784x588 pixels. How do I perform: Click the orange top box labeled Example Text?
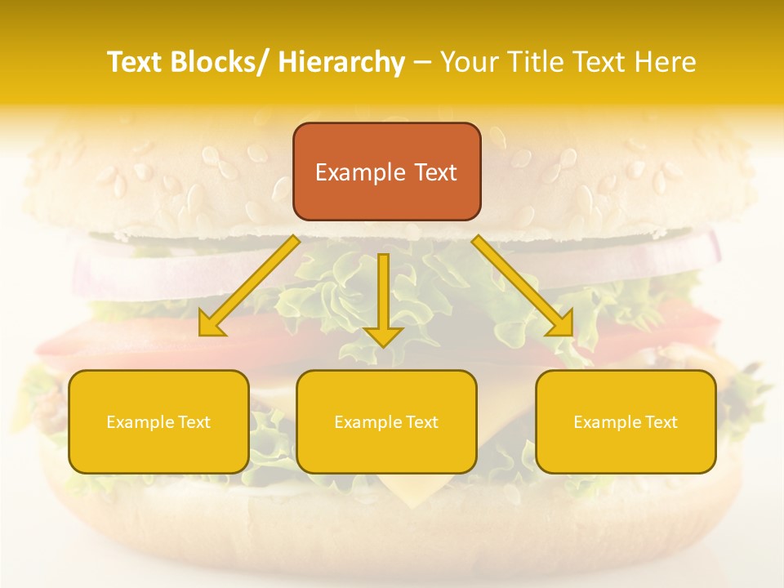tap(386, 171)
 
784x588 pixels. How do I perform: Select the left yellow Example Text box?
tap(158, 421)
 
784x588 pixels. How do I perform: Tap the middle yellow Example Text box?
tap(386, 421)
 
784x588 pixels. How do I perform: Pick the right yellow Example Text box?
tap(626, 421)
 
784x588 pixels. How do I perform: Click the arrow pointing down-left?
tap(249, 286)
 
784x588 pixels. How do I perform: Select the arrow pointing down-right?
tap(523, 286)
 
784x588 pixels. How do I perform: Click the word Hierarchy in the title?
tap(341, 62)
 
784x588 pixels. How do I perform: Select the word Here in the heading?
tap(665, 62)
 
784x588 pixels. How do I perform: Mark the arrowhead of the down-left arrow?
tap(212, 324)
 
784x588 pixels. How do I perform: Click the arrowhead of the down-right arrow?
tap(560, 324)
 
